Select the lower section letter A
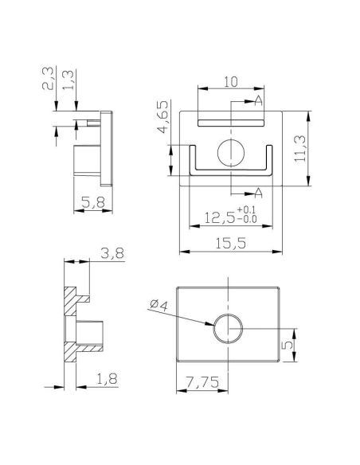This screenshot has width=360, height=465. tap(259, 192)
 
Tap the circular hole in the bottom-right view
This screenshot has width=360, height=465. tap(228, 327)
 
